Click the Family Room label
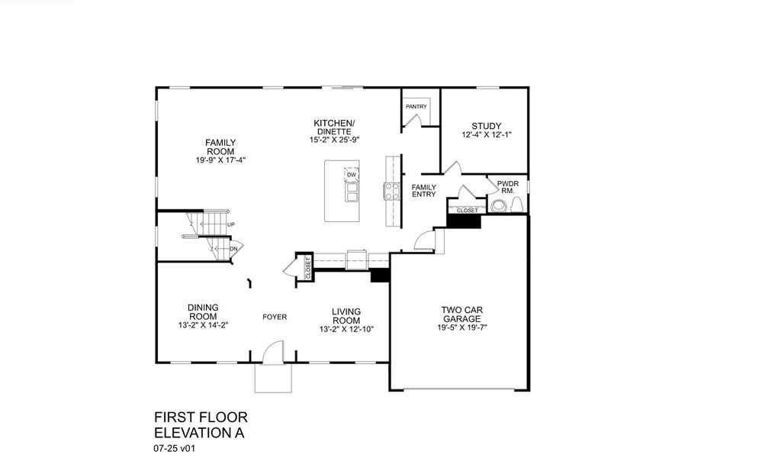click(x=220, y=147)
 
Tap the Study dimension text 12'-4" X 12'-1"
click(x=486, y=135)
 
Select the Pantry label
click(x=416, y=107)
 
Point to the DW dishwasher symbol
click(x=352, y=176)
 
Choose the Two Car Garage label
click(x=461, y=314)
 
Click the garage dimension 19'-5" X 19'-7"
click(x=461, y=328)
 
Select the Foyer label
click(x=275, y=317)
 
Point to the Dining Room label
click(x=203, y=311)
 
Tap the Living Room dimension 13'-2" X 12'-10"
click(x=346, y=329)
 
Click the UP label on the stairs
click(x=230, y=224)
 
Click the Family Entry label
click(x=424, y=191)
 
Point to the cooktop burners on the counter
click(x=392, y=191)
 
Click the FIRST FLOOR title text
click(x=201, y=418)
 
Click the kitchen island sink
click(x=352, y=196)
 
